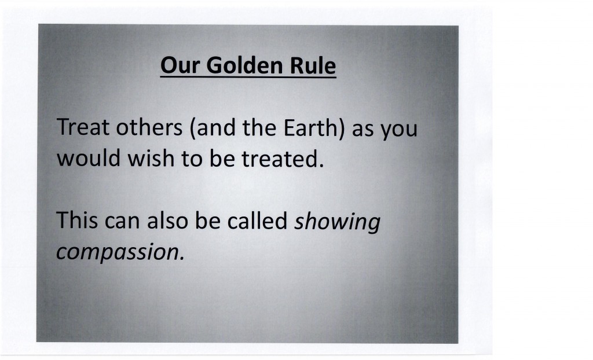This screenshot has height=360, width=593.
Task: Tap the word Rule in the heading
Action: [313, 65]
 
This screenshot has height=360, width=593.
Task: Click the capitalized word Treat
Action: [83, 127]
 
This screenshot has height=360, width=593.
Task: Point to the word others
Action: [149, 127]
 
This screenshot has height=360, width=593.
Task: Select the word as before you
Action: [363, 130]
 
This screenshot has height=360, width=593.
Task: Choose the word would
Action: [89, 158]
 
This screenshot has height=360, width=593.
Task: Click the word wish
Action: [151, 158]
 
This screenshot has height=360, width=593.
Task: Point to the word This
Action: [77, 220]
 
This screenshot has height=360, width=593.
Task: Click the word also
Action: [167, 220]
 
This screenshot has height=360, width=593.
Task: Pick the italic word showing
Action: [338, 222]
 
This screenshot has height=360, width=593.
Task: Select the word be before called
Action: [208, 220]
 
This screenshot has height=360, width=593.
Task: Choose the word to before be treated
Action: [192, 159]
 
